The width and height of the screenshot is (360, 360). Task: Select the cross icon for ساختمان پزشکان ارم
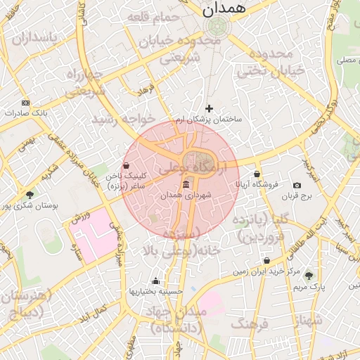pyautogui.click(x=209, y=108)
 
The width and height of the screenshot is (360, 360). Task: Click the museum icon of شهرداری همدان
pyautogui.click(x=186, y=184)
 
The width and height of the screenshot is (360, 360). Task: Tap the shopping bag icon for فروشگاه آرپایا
pyautogui.click(x=257, y=174)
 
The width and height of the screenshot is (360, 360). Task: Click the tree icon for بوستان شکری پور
pyautogui.click(x=29, y=194)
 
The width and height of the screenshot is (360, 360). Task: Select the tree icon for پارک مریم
pyautogui.click(x=308, y=275)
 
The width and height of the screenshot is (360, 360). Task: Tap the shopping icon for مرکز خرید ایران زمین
pyautogui.click(x=266, y=260)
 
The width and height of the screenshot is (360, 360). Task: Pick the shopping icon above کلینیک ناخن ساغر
pyautogui.click(x=126, y=166)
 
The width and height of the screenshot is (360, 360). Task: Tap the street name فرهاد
pyautogui.click(x=145, y=91)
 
